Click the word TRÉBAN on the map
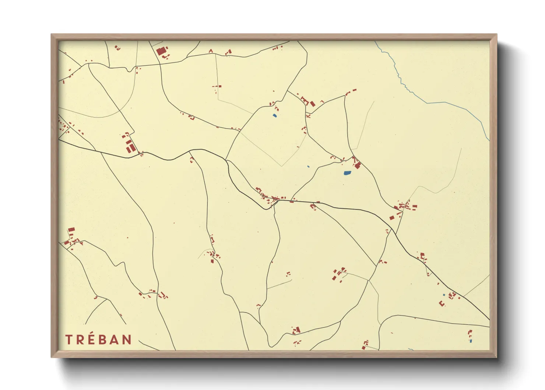coord(98,339)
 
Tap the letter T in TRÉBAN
coord(69,339)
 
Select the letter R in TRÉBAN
coord(80,339)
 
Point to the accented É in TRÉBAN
coord(91,339)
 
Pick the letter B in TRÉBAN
coord(102,339)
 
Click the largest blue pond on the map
coord(347,173)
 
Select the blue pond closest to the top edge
coord(274,116)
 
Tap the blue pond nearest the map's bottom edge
coord(471,341)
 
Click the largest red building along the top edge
coord(161,51)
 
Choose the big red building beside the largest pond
coord(357,166)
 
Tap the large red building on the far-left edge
coord(71,230)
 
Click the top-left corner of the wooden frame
coord(52,35)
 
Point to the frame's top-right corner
coord(496,35)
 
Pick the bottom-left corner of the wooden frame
coord(52,357)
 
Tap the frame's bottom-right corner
coord(496,357)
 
